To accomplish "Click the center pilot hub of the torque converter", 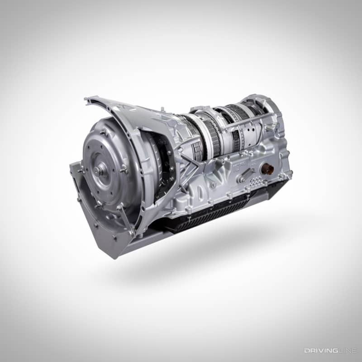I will click(99, 171).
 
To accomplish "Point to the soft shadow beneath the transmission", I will click(204, 262).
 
